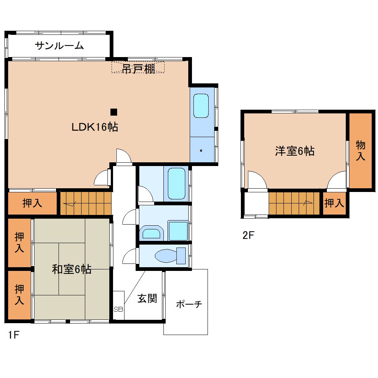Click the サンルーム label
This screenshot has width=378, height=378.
tap(59, 46)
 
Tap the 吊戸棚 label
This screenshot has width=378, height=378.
tap(139, 69)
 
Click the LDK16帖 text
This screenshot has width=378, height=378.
tap(95, 127)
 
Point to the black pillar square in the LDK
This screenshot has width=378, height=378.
tap(114, 112)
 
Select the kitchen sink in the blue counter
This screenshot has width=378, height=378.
tap(201, 106)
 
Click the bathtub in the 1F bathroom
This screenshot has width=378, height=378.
tap(176, 183)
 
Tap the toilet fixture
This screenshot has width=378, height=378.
tap(170, 256)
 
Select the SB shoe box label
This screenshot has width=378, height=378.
tap(118, 309)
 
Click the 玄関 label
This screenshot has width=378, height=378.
tap(147, 298)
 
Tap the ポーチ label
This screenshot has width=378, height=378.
tap(189, 304)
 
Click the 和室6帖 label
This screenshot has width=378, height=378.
tap(72, 269)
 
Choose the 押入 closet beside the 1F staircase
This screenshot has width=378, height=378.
tap(32, 203)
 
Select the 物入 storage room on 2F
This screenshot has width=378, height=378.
tap(360, 150)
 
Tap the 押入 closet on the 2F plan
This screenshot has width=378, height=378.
tap(334, 203)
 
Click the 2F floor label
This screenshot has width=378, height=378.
tap(248, 235)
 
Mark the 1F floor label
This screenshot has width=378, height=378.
tap(13, 335)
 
